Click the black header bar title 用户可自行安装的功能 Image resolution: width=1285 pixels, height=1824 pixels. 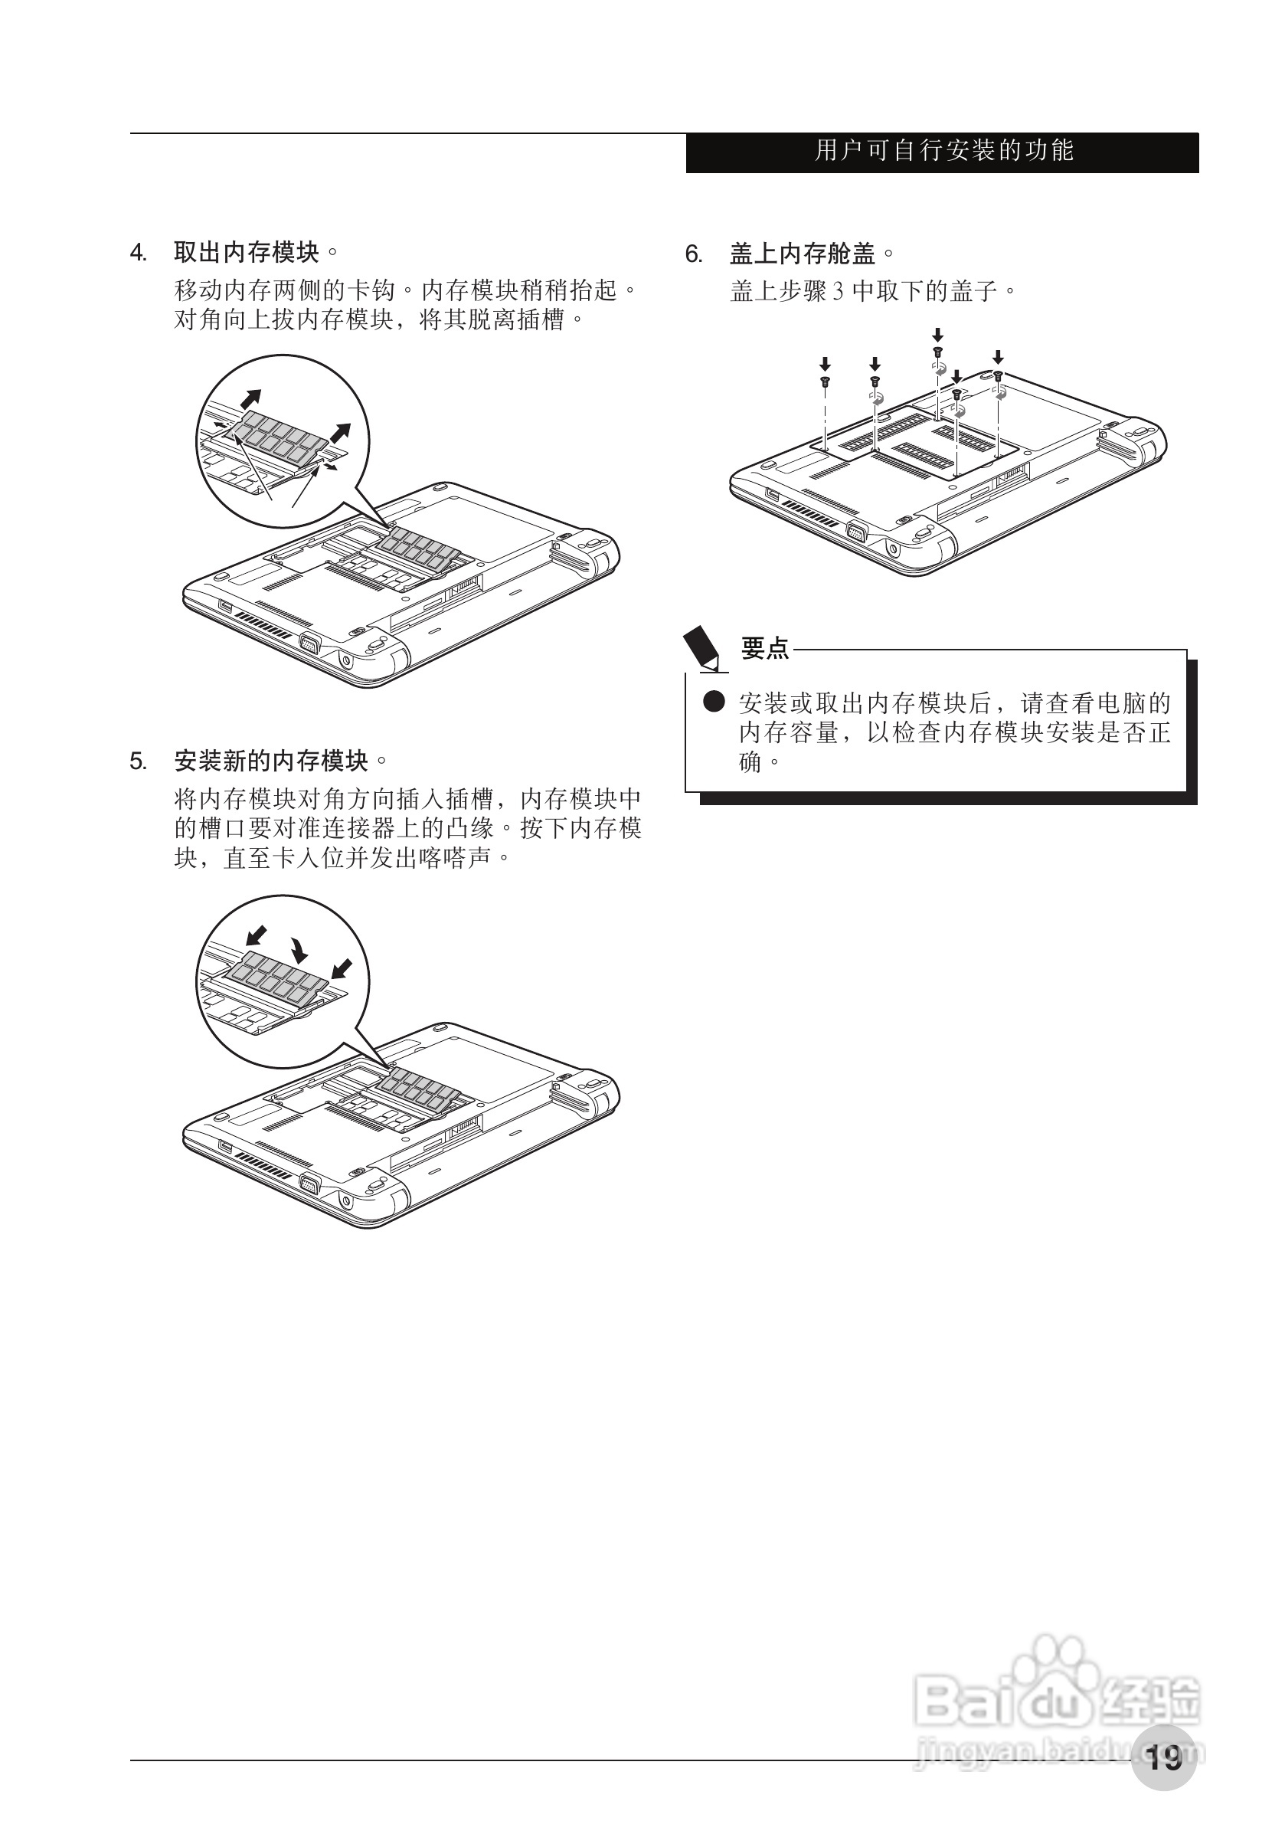[x=943, y=151]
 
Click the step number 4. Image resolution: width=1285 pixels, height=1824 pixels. [x=137, y=254]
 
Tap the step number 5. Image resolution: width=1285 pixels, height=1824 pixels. [x=137, y=762]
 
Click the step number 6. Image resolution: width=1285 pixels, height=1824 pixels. [x=693, y=254]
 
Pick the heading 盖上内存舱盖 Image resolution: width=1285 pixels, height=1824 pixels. [x=803, y=254]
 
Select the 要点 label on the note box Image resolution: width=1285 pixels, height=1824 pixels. [x=765, y=648]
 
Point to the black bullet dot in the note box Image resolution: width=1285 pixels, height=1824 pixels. [x=714, y=702]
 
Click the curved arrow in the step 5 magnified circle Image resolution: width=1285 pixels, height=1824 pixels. [x=299, y=948]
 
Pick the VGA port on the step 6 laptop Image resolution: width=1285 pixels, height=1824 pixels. [x=855, y=532]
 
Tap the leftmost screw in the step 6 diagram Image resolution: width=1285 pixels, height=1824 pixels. [x=826, y=382]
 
